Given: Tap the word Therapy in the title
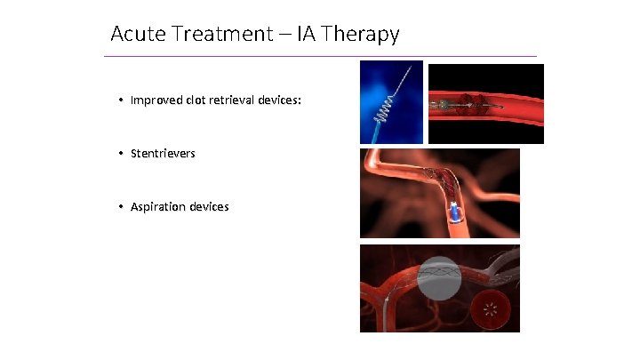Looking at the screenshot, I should tap(363, 35).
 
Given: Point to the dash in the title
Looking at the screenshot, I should tap(285, 35).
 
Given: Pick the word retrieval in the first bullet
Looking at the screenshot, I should tap(236, 100).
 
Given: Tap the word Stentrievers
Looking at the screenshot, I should tap(163, 154).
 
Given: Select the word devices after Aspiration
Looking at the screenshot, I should tap(207, 207).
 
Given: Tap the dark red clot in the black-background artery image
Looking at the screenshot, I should tap(467, 103).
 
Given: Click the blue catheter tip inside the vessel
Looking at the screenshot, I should tap(453, 212).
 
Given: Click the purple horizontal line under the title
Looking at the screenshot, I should tap(320, 57).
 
